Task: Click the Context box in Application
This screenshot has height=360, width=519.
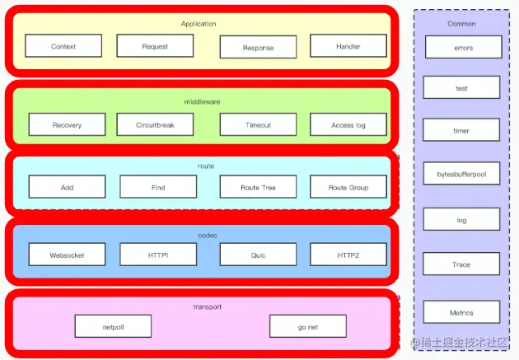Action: click(x=63, y=46)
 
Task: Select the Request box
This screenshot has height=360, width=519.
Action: click(x=155, y=46)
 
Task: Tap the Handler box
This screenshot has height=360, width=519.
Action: click(x=348, y=46)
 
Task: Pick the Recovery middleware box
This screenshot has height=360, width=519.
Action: click(x=67, y=125)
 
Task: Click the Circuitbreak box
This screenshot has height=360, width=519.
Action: click(x=155, y=125)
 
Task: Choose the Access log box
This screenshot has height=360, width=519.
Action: click(x=348, y=125)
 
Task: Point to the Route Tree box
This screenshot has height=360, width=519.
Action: click(x=258, y=188)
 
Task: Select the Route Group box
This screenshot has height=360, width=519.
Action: click(x=348, y=188)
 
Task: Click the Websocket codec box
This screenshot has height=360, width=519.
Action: click(x=67, y=255)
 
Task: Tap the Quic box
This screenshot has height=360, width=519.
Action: click(x=258, y=255)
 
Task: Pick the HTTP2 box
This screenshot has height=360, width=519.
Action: click(x=348, y=255)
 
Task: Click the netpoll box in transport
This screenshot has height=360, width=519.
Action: click(x=114, y=326)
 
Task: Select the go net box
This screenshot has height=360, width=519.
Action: click(x=308, y=326)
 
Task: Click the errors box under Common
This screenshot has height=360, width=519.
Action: click(x=462, y=48)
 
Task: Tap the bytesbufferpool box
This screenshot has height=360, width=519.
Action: click(x=462, y=174)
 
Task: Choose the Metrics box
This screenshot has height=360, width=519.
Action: click(x=462, y=312)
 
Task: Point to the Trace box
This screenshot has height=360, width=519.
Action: click(x=462, y=264)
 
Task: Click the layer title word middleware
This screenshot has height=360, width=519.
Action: click(x=202, y=101)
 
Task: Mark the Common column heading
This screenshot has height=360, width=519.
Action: click(x=462, y=23)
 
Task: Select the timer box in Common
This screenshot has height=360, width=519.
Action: click(x=462, y=130)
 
